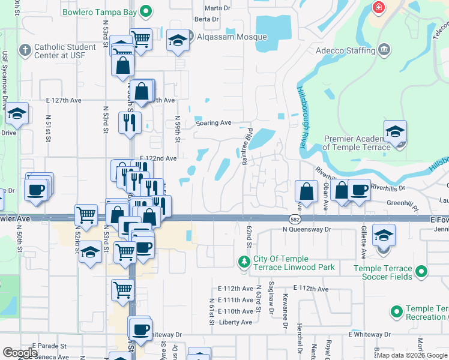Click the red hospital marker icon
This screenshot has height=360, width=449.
[x=379, y=8]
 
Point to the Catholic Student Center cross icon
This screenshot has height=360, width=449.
[x=25, y=50]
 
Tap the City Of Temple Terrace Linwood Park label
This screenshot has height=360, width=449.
[x=294, y=263]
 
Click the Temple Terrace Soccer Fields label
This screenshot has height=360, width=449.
[x=383, y=272]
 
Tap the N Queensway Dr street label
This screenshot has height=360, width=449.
[x=307, y=229]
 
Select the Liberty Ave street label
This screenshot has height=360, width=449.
[x=235, y=322]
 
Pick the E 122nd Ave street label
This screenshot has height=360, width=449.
[x=154, y=158]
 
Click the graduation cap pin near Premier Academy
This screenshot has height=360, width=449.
[x=395, y=132]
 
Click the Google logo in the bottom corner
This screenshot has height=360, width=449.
[x=20, y=353]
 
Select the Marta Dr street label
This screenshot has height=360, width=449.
[x=217, y=8]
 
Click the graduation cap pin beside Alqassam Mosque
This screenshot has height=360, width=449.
[x=178, y=40]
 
